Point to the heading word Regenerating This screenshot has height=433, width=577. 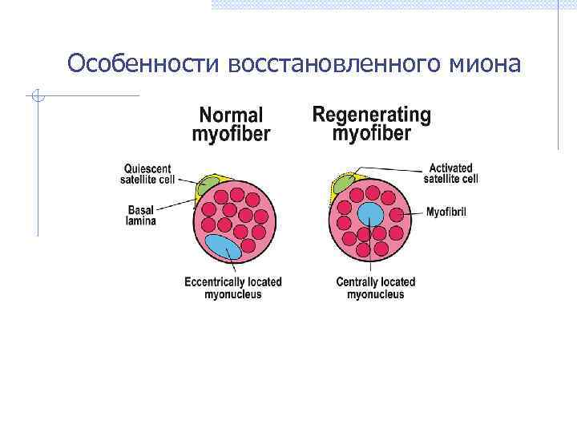click(x=371, y=115)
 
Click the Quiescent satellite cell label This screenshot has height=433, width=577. click(x=148, y=174)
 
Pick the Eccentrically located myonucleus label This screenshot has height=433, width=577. click(x=233, y=288)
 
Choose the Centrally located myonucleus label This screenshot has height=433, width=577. click(x=375, y=288)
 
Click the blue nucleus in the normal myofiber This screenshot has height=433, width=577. click(x=224, y=247)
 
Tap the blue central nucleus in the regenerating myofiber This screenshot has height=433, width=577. click(x=369, y=214)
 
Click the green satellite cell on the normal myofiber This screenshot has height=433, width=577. click(x=209, y=184)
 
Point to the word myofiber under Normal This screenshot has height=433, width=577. click(x=231, y=134)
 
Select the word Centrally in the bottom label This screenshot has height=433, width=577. click(x=358, y=282)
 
